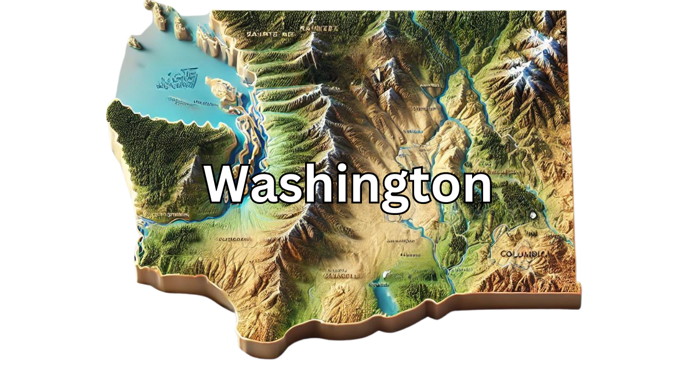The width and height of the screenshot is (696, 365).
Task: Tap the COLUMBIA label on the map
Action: tap(523, 254)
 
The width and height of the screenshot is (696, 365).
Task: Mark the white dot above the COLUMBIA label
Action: tap(532, 217)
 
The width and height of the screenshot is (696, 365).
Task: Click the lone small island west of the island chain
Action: tap(135, 42)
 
